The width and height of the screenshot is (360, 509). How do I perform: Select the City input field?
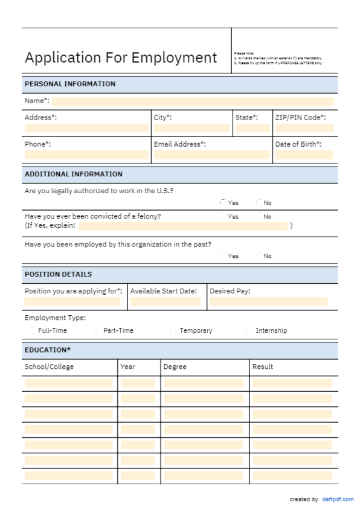coord(191,128)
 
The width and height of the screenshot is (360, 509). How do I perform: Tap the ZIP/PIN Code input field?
coord(304,128)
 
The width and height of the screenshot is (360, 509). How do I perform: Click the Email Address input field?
coord(211,155)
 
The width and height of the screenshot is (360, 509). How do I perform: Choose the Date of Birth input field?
coord(304,155)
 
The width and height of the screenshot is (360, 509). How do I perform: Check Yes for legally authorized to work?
coord(223,203)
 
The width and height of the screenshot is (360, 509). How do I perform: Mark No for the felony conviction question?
coord(259,216)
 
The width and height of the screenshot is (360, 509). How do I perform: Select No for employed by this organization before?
coord(259,255)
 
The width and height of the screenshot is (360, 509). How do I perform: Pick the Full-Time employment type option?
coord(32,330)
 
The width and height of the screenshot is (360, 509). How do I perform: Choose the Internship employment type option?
coord(249,330)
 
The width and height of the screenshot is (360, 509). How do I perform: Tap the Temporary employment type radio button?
coord(173,330)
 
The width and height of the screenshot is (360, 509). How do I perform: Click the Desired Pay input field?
coord(269,301)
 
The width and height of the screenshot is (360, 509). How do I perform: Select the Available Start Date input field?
coord(165,301)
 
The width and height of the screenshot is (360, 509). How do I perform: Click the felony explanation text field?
coord(183,226)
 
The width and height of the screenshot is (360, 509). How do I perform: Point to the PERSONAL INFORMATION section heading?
coord(70,84)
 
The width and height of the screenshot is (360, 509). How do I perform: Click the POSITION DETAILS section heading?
coord(59,274)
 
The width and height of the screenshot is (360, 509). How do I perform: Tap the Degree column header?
coord(175,367)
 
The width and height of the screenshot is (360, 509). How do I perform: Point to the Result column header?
coord(263,367)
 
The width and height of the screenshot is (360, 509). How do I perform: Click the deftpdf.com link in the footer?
coord(338,499)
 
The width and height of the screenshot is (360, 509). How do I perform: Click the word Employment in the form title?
coord(174,58)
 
